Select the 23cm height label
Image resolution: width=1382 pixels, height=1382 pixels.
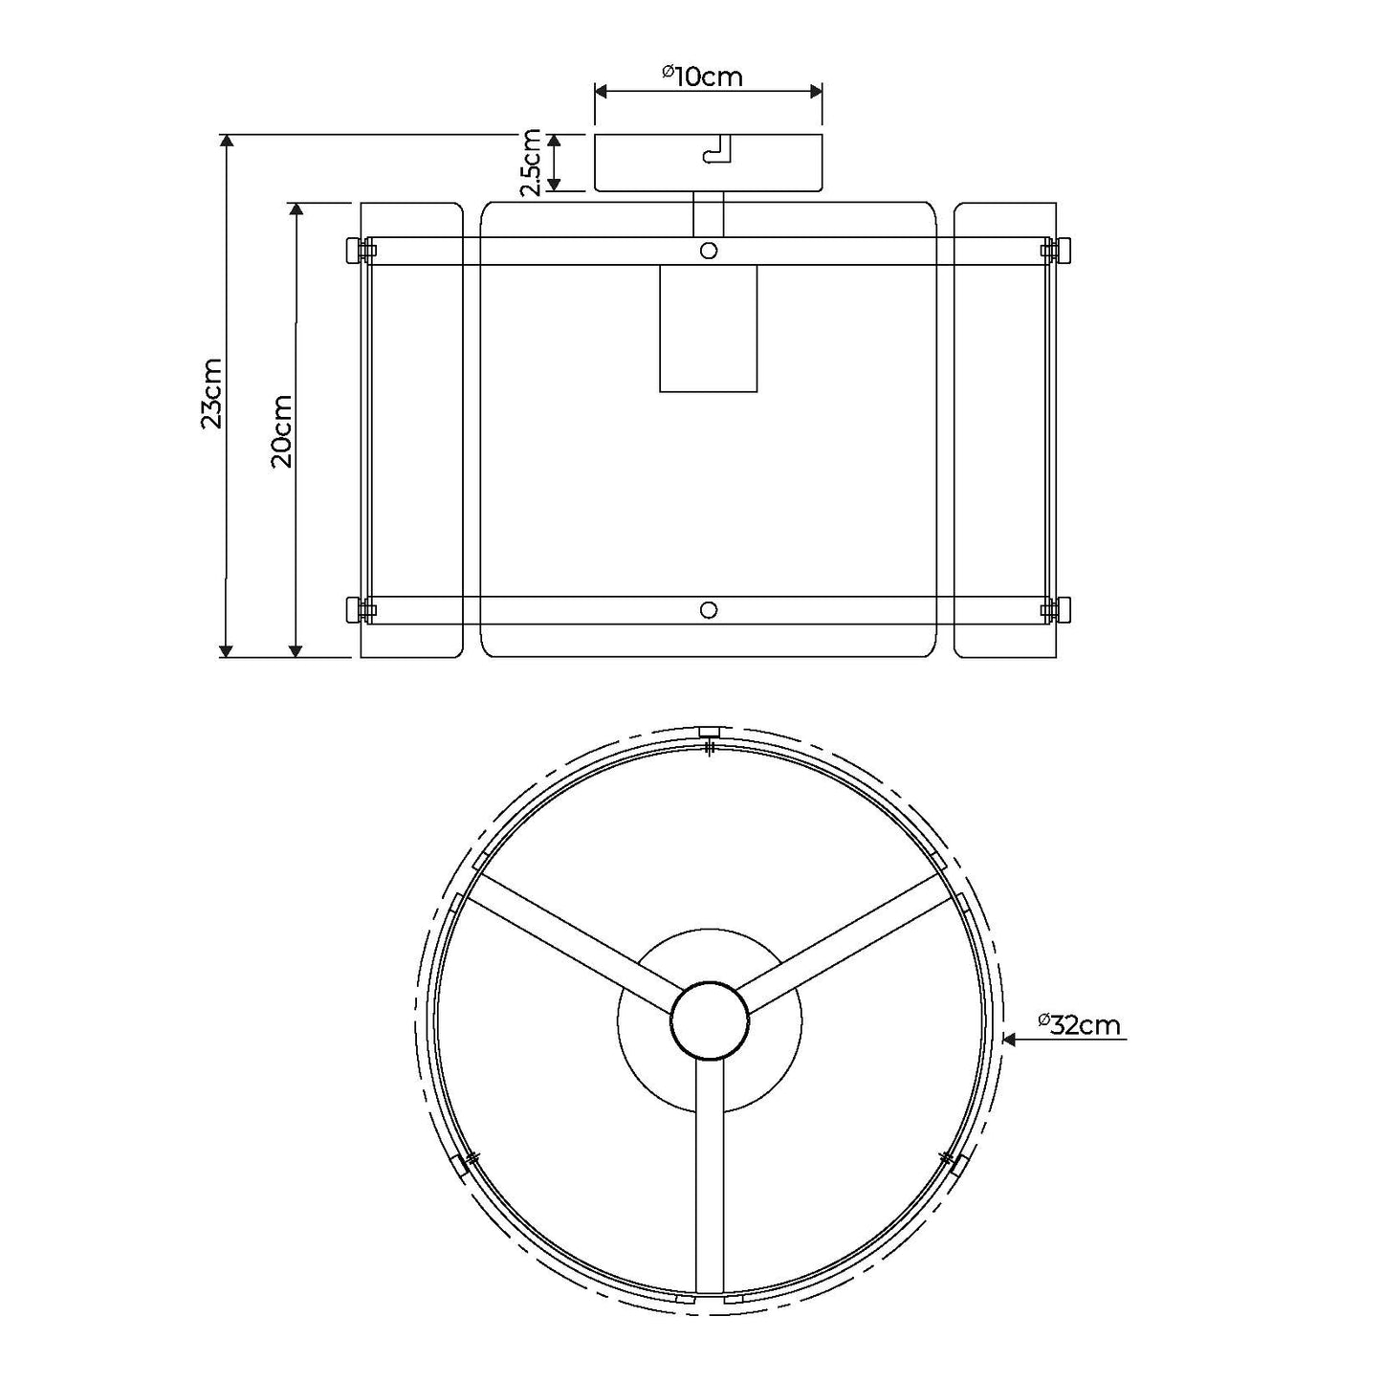(x=211, y=393)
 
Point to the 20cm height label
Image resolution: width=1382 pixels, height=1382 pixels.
(x=281, y=430)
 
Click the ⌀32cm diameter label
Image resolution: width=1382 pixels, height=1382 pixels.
(x=1079, y=1024)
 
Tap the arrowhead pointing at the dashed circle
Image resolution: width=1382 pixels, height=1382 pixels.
(x=1010, y=1038)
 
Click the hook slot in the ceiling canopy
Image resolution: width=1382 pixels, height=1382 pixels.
(x=716, y=151)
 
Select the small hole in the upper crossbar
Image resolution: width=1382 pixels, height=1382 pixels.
(x=709, y=251)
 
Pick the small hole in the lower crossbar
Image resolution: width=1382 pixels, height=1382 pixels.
(x=709, y=610)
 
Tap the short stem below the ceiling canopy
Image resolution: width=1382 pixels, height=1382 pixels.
(x=709, y=214)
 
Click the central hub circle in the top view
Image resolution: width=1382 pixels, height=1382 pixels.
(x=710, y=1020)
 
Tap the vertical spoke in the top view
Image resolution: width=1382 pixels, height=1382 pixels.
(x=710, y=1176)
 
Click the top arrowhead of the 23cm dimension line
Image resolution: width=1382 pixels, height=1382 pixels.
(x=227, y=142)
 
